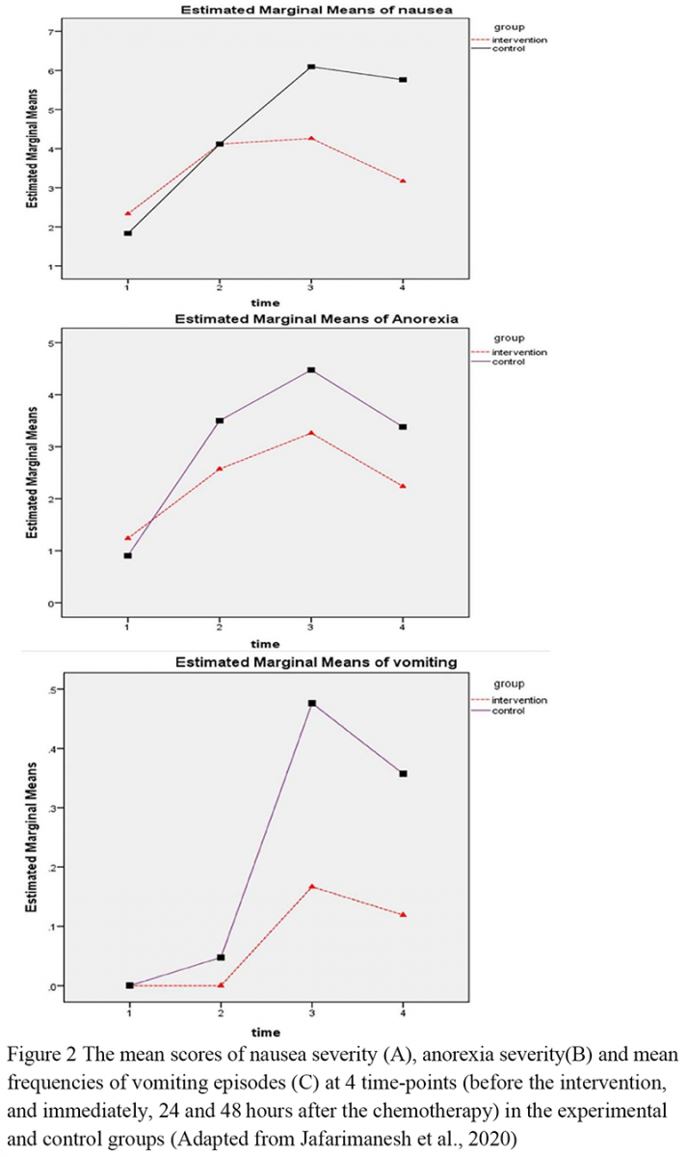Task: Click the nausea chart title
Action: coord(316,10)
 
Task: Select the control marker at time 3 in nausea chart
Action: coord(311,67)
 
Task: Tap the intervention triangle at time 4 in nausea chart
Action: coord(403,181)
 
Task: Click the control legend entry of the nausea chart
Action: coord(498,48)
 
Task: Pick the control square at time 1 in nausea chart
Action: coord(127,233)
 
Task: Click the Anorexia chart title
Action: coord(316,319)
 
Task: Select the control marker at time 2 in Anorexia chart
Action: coord(220,420)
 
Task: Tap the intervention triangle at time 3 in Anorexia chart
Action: coord(311,433)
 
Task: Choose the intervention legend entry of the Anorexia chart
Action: coord(509,352)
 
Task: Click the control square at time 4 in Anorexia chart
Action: coord(403,426)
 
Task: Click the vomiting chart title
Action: coord(316,662)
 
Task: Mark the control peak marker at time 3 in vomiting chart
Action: coord(312,703)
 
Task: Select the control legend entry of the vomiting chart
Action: coord(498,711)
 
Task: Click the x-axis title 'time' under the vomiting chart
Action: coord(265,1032)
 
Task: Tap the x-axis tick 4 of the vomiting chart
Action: coord(403,1013)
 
